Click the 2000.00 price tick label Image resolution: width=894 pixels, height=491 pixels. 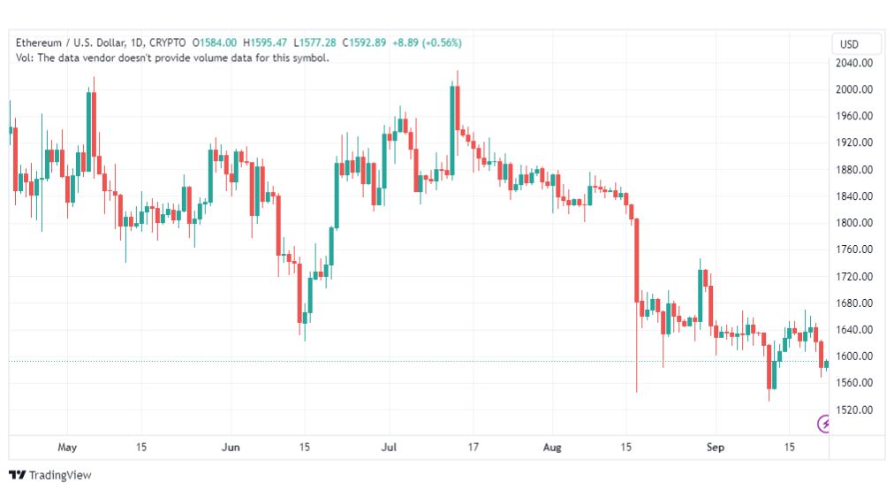point(853,89)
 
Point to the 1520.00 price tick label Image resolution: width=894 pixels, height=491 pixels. point(853,410)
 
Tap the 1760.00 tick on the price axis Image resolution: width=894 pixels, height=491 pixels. point(853,249)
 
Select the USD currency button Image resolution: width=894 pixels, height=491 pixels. point(849,44)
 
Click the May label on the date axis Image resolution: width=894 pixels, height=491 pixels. point(67,447)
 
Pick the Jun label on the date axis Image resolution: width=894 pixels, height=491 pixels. point(231,447)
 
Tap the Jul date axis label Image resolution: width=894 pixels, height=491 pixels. point(389,447)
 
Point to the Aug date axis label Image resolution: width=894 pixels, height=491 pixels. point(552,447)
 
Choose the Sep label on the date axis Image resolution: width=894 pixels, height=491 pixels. point(715,447)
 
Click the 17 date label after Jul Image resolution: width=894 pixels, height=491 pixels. point(474,447)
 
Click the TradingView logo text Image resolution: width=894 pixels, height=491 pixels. point(60,475)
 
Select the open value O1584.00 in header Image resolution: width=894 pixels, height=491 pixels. point(215,42)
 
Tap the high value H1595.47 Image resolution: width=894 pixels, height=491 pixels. point(265,42)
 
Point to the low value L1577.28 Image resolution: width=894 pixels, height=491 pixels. point(315,42)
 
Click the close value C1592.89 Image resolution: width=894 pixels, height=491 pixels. point(364,42)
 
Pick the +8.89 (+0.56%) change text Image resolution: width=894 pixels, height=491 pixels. point(427,42)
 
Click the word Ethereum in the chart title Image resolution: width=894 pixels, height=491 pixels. point(39,42)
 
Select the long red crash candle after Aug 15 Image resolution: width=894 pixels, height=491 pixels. point(637,260)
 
